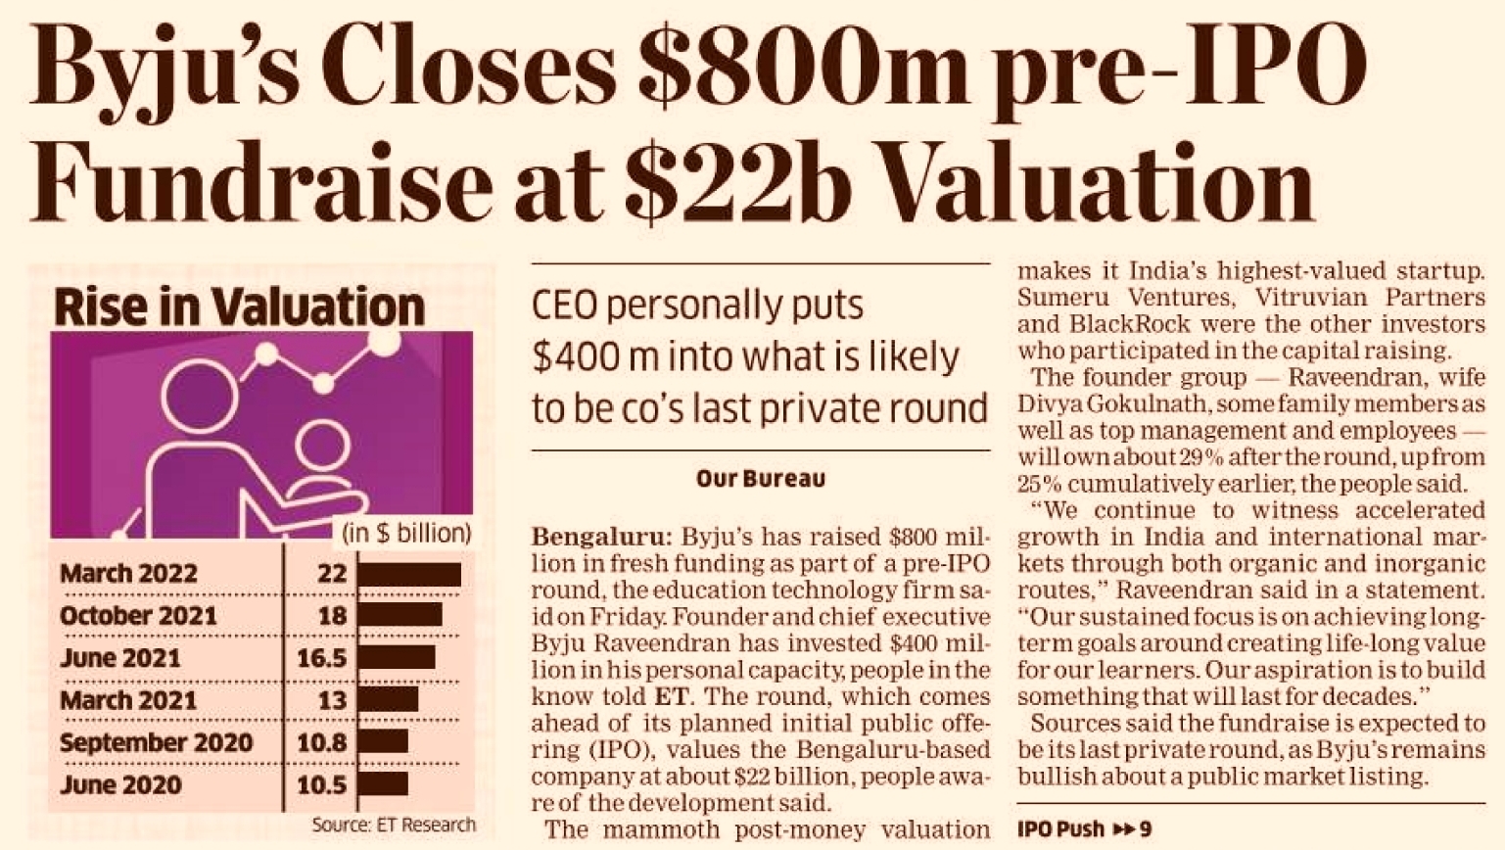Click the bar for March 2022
(408, 574)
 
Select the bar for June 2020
(383, 784)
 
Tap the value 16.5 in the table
(322, 658)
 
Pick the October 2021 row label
(138, 616)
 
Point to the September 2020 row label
(156, 742)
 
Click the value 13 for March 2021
(332, 700)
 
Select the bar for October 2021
(400, 615)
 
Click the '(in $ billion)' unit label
(406, 534)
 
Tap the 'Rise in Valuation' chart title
(239, 307)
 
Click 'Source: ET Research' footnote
(394, 825)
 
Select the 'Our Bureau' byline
(760, 479)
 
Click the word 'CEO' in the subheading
(565, 306)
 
